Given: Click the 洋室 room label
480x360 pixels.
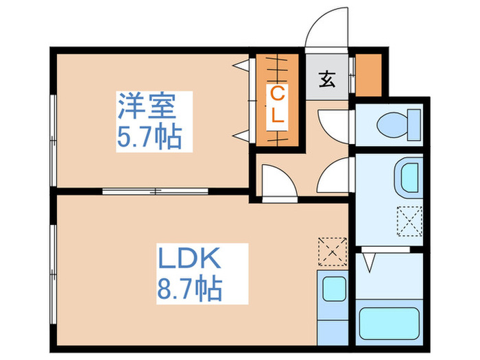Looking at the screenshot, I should tap(147, 106).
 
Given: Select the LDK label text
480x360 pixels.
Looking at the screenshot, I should tap(189, 259).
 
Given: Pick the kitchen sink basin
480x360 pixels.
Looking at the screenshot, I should tap(334, 287).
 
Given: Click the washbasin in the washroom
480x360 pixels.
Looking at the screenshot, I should tap(409, 176).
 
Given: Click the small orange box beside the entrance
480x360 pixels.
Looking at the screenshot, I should tap(370, 73).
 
